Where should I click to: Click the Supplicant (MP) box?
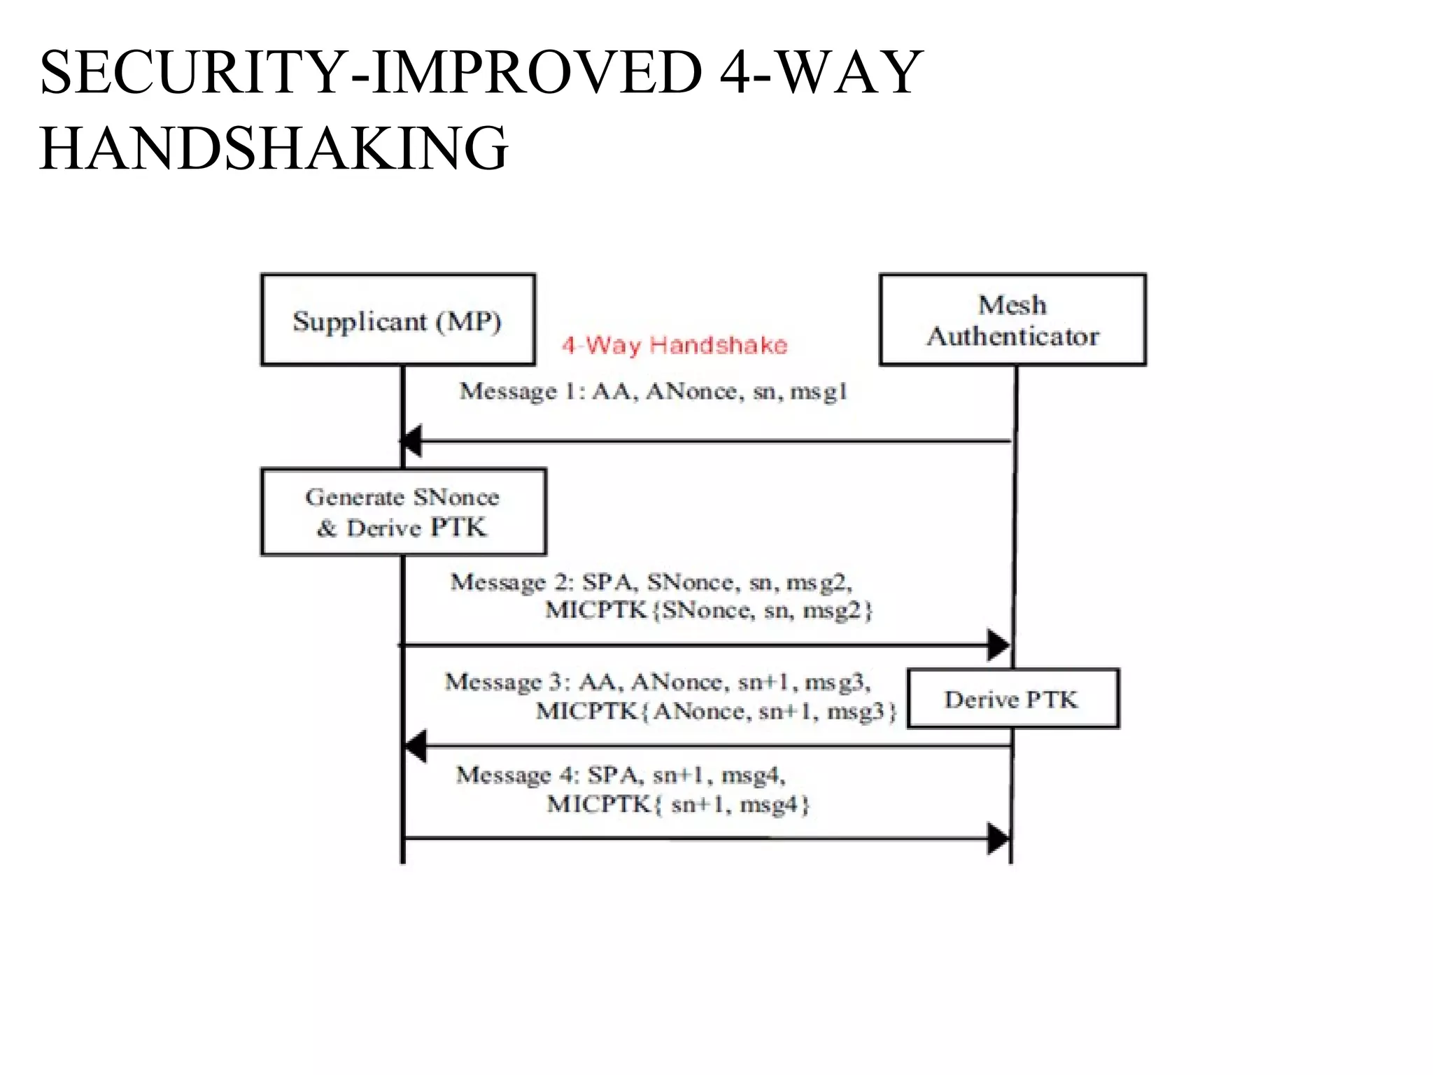pyautogui.click(x=397, y=320)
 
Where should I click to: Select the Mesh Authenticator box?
pyautogui.click(x=1012, y=320)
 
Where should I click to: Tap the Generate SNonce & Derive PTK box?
pyautogui.click(x=403, y=512)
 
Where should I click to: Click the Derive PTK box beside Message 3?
pyautogui.click(x=1012, y=698)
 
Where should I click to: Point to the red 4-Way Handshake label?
pyautogui.click(x=675, y=345)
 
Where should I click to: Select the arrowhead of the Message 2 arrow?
pyautogui.click(x=999, y=644)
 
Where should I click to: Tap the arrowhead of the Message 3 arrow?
pyautogui.click(x=416, y=746)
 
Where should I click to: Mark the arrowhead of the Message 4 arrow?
pyautogui.click(x=999, y=838)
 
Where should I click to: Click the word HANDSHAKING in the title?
pyautogui.click(x=274, y=148)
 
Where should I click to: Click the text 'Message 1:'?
pyautogui.click(x=521, y=391)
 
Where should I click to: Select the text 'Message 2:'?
pyautogui.click(x=512, y=582)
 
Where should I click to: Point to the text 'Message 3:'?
pyautogui.click(x=507, y=682)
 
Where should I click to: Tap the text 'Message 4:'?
pyautogui.click(x=518, y=775)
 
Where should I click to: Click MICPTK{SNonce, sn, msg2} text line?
pyautogui.click(x=708, y=610)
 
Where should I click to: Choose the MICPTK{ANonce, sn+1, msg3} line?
pyautogui.click(x=715, y=711)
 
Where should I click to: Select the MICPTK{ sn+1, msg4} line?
pyautogui.click(x=677, y=804)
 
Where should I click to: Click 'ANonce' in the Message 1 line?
pyautogui.click(x=691, y=391)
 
